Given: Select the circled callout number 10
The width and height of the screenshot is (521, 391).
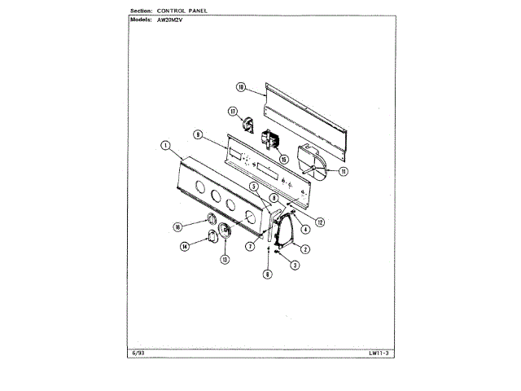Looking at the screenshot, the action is click(241, 86).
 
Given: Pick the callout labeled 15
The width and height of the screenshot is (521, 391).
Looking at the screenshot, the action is click(282, 159).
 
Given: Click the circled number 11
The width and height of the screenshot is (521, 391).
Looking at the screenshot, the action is click(344, 171).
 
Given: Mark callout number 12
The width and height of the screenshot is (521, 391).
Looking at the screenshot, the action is click(320, 222).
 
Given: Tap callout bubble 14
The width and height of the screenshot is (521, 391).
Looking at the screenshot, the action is click(185, 246).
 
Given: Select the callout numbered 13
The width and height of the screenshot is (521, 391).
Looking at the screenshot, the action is click(224, 259).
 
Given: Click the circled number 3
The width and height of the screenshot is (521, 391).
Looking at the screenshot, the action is click(296, 266).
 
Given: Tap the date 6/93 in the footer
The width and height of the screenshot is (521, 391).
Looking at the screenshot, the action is click(134, 353).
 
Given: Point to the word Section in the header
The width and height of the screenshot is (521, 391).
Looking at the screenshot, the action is click(144, 9).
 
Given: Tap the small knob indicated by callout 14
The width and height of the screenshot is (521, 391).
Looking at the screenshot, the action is click(213, 236).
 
